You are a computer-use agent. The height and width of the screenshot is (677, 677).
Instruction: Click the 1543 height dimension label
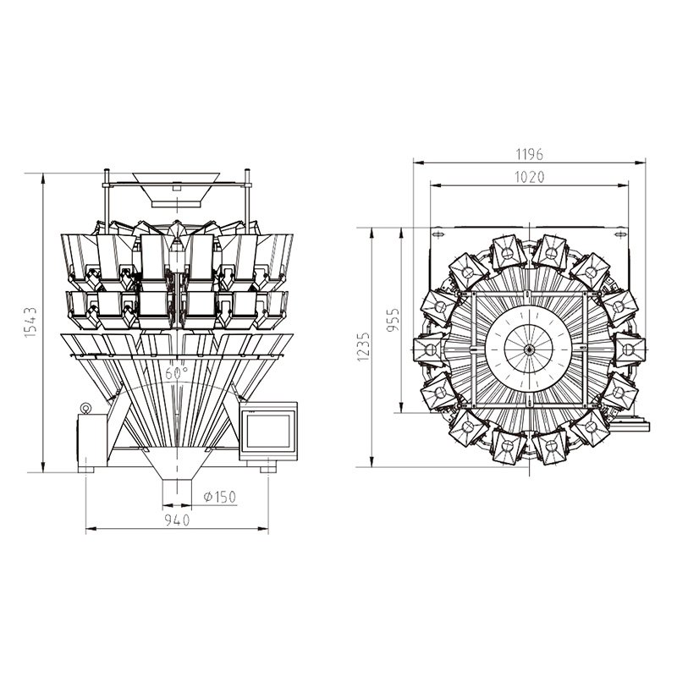pyautogui.click(x=29, y=322)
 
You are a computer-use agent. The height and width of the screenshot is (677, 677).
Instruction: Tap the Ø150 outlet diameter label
pyautogui.click(x=219, y=496)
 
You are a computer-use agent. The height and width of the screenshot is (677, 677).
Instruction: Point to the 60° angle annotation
pyautogui.click(x=176, y=372)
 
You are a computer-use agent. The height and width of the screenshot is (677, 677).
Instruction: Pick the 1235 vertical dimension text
pyautogui.click(x=363, y=346)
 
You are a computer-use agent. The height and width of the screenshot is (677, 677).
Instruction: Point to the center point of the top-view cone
pyautogui.click(x=528, y=348)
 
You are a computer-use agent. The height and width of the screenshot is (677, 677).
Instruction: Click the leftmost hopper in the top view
pyautogui.click(x=427, y=348)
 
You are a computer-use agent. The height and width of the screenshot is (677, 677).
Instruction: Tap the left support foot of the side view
pyautogui.click(x=87, y=466)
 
